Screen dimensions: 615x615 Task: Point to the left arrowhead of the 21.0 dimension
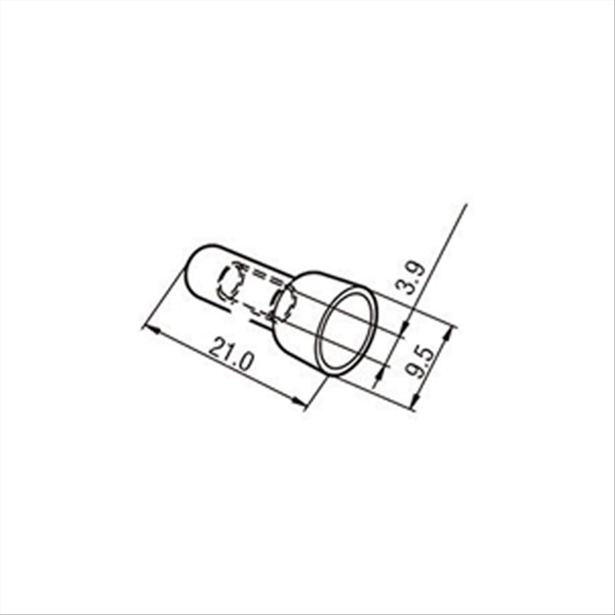153,330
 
